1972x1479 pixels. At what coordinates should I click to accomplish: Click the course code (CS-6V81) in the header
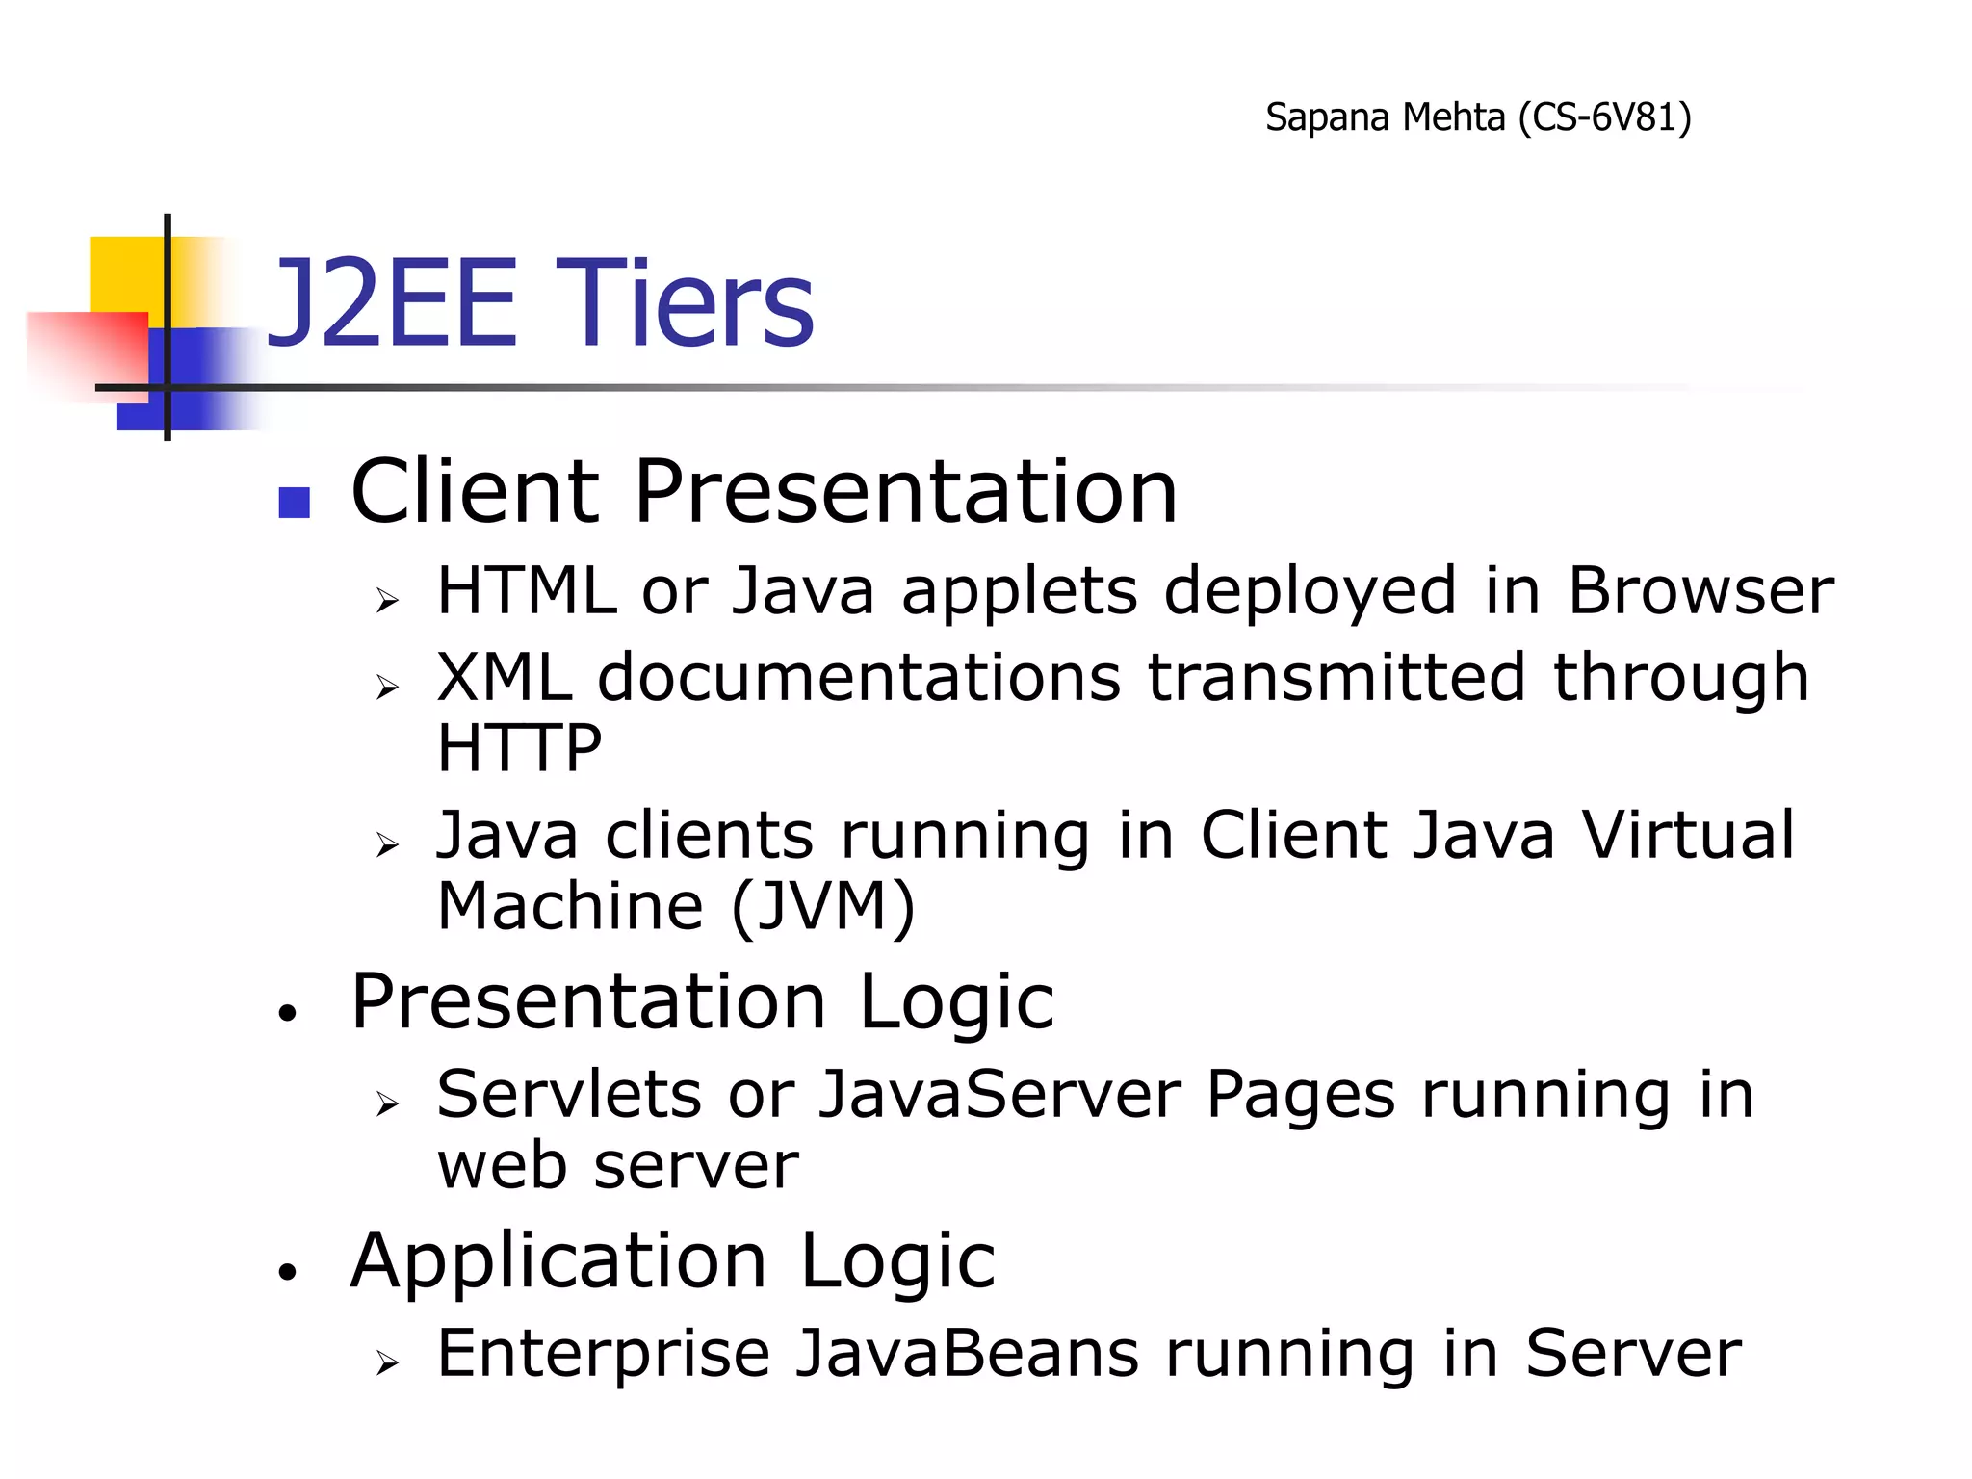[1604, 118]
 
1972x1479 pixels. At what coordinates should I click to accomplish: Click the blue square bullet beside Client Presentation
[294, 502]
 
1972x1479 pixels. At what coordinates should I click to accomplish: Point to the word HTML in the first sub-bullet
[526, 590]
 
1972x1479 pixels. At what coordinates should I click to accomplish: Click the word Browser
[1700, 590]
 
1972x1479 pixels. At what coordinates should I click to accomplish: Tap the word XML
[504, 677]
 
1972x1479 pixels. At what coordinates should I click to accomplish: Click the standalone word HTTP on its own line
[519, 748]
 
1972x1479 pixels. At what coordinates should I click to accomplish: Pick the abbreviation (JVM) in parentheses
[822, 906]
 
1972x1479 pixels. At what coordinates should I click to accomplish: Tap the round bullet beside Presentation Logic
[287, 1013]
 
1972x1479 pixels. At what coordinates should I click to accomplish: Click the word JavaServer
[999, 1095]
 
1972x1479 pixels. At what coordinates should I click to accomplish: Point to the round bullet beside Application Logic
[287, 1272]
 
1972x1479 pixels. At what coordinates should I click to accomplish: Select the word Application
[558, 1261]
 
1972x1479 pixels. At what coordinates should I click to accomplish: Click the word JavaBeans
[968, 1354]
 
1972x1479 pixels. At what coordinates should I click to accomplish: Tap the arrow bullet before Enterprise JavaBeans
[387, 1362]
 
